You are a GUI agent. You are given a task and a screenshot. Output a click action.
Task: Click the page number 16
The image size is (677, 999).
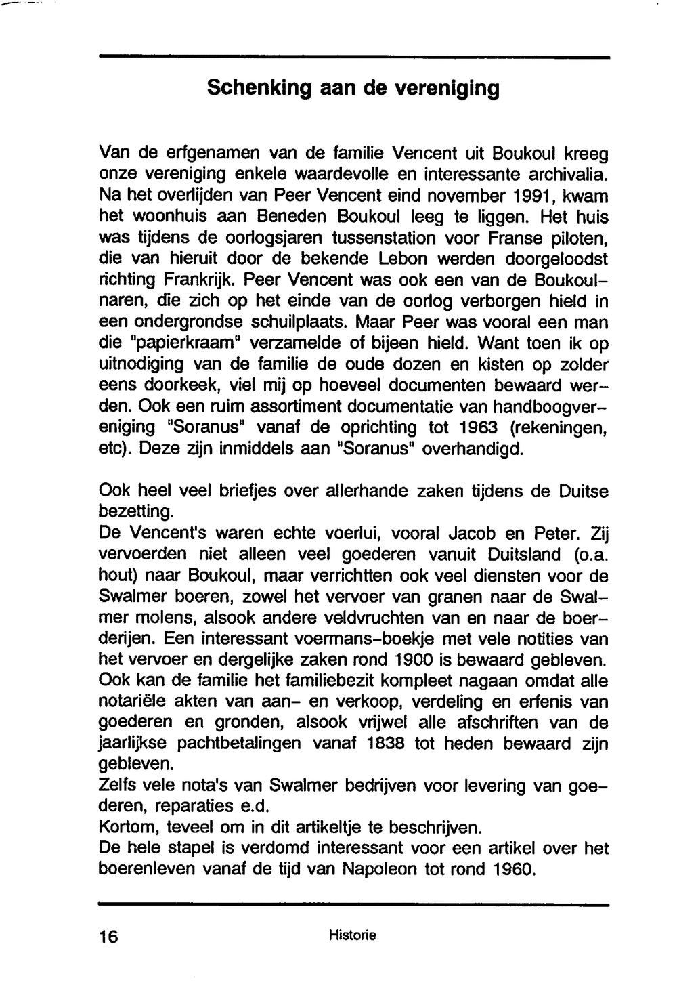[x=108, y=937]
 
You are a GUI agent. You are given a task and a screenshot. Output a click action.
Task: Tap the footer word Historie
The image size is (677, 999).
[x=352, y=936]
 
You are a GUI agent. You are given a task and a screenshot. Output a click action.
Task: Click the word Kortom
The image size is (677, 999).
[x=127, y=828]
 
